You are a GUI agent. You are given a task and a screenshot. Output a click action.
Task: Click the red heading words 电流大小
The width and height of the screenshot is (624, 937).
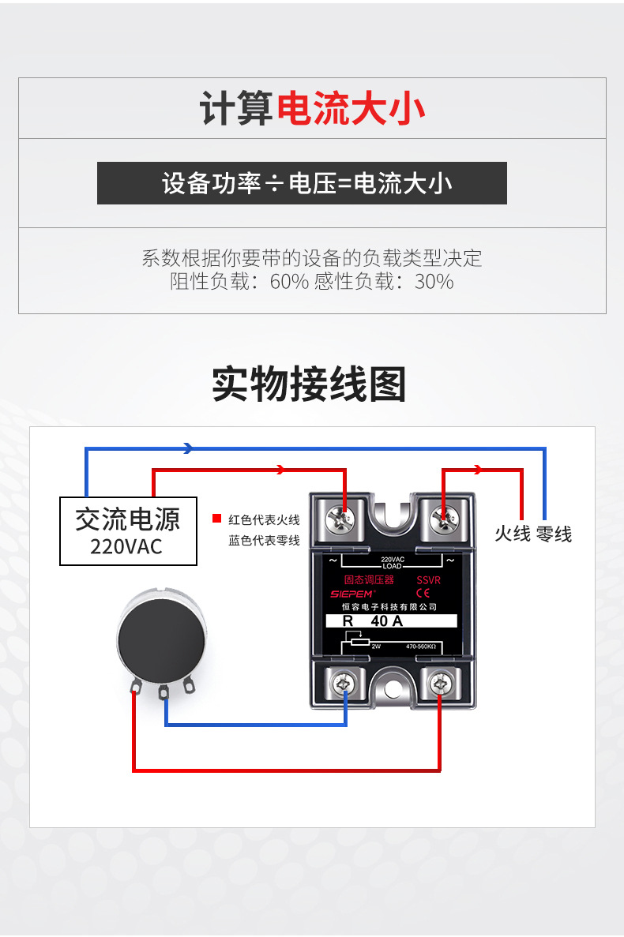pos(351,109)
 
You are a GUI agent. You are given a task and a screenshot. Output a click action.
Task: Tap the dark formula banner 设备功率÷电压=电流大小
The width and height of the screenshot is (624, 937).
pos(302,183)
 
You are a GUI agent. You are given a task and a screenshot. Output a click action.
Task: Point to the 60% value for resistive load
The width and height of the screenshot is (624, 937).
pos(289,282)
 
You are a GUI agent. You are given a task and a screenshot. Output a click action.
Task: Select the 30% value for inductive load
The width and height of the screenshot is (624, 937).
pos(434,282)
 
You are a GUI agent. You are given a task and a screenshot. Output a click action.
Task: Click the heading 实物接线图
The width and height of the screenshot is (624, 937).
pos(309,384)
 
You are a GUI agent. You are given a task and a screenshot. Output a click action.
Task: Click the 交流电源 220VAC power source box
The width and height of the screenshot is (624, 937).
pos(128,530)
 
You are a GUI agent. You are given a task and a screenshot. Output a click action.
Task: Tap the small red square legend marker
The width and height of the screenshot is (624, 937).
pos(216,519)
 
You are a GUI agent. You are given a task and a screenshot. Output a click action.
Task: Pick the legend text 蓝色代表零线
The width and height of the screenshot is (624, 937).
pos(264,541)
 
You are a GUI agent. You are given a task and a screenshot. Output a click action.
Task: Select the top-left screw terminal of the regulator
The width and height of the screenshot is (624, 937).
pos(344,519)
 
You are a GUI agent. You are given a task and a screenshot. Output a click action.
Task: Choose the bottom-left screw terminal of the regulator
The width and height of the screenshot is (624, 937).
pos(344,682)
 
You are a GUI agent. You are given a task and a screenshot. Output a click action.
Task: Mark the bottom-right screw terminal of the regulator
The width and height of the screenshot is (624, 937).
pos(440,682)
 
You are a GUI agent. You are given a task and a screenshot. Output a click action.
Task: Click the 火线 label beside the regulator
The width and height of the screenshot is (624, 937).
pos(512,534)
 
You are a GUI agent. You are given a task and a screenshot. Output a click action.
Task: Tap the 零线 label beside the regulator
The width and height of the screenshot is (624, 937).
pos(553,534)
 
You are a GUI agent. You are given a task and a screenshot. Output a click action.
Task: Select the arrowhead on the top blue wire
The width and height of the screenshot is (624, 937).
pos(188,448)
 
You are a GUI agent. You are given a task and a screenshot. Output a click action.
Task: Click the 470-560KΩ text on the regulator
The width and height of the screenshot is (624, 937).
pos(420,647)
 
